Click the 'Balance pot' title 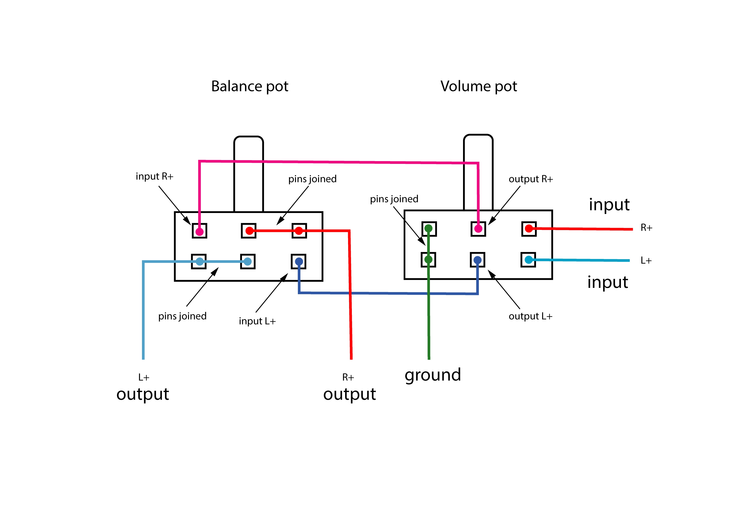click(x=250, y=86)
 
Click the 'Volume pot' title click(x=479, y=86)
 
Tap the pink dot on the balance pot click(x=200, y=231)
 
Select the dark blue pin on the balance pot click(x=299, y=261)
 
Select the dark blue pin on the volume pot click(x=478, y=260)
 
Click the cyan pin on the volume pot click(x=529, y=260)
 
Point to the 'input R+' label click(x=154, y=177)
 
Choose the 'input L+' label click(x=257, y=321)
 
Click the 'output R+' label click(x=531, y=179)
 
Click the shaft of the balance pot click(x=248, y=174)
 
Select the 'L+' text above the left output click(x=144, y=377)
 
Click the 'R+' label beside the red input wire click(x=646, y=228)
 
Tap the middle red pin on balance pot click(x=249, y=231)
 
